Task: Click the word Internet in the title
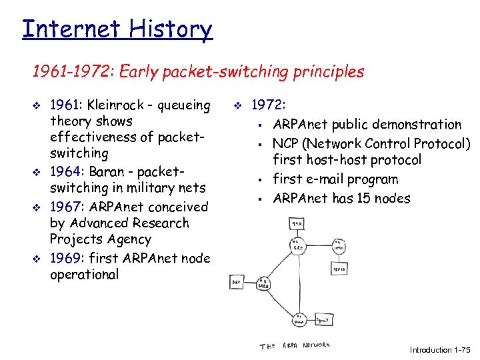[71, 30]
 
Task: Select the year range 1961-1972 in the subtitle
[70, 72]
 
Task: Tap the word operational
[84, 274]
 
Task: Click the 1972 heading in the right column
[269, 105]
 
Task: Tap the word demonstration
[417, 125]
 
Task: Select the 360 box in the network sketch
[237, 282]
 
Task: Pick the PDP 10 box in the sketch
[339, 268]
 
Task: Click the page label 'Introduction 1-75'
[441, 350]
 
